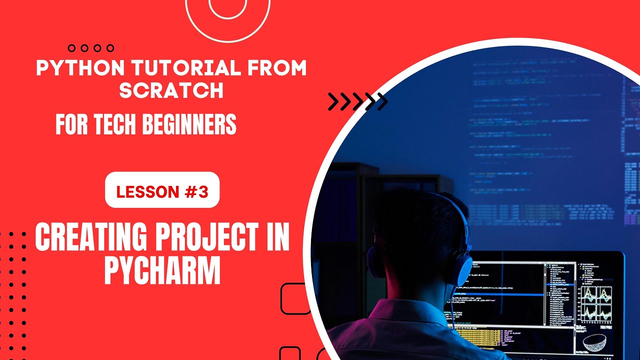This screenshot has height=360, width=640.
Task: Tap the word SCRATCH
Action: [171, 90]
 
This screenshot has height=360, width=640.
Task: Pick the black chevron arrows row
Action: [357, 101]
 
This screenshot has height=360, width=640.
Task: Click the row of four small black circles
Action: [91, 48]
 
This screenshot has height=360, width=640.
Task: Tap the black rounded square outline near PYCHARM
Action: [296, 298]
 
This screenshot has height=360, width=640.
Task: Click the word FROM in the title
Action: [277, 69]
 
